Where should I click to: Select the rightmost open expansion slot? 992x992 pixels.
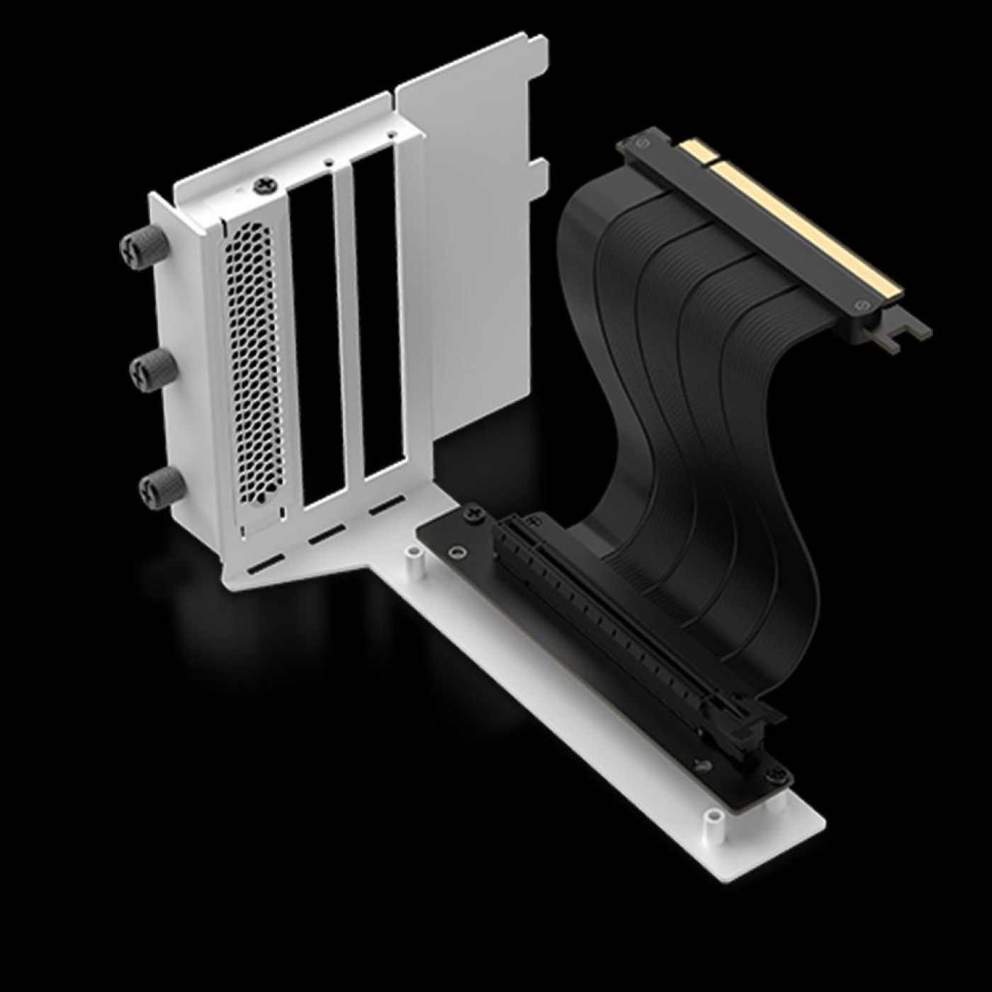pos(379,312)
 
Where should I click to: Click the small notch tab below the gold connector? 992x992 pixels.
pos(896,337)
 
